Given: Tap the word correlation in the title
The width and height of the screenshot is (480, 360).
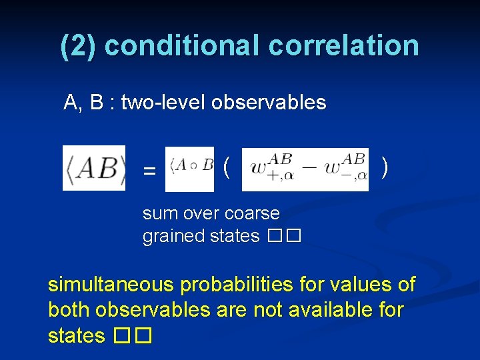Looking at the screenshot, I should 344,45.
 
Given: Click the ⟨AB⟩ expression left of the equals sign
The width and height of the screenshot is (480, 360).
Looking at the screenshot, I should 94,168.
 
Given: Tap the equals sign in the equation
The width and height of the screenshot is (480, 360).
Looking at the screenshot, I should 150,171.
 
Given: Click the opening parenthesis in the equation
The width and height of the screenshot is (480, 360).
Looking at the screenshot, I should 227,167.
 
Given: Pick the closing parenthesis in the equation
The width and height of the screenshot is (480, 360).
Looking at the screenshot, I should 385,167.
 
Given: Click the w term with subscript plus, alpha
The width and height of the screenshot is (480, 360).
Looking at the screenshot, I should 271,169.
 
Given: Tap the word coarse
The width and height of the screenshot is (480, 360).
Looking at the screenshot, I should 254,214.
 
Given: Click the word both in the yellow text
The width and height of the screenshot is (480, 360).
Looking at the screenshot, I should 69,310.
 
